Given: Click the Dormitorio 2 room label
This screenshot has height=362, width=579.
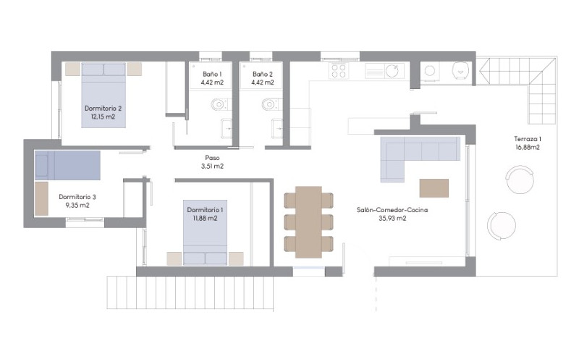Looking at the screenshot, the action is point(103,108).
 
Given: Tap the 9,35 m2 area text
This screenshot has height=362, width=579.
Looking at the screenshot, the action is point(77,206).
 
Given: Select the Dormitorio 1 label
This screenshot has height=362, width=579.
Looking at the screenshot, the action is point(205,210).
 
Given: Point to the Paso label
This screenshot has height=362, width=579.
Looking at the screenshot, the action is point(212,158).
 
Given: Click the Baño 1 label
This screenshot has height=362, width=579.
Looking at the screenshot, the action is point(212,75).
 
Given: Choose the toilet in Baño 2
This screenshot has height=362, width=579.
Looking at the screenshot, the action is point(270,104).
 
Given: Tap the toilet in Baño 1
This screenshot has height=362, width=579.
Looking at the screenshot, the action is point(220,104).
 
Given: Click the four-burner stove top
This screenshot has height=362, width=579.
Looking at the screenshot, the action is point(339,70).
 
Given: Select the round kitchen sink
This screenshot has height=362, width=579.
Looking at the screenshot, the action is point(392,70).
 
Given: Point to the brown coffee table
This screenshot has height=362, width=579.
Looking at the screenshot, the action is point(434,188).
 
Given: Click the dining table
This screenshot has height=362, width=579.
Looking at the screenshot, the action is point(309,222).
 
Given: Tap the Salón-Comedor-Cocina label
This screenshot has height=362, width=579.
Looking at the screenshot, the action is point(392,210).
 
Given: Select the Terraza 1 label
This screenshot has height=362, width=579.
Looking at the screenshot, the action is point(528,139).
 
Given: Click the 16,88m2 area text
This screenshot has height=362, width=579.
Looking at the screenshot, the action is point(528,148).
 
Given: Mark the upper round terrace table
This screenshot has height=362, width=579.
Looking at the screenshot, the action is point(520,180).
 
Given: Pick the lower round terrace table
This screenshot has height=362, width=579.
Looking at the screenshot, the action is point(502,225).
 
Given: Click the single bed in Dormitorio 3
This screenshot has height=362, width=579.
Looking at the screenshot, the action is point(67,165).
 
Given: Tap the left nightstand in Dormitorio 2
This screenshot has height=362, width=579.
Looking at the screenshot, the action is point(73,69).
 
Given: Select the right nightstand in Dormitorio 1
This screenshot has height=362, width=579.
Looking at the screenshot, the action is point(236,258).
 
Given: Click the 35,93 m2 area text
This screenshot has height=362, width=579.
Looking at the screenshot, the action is point(392,219).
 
